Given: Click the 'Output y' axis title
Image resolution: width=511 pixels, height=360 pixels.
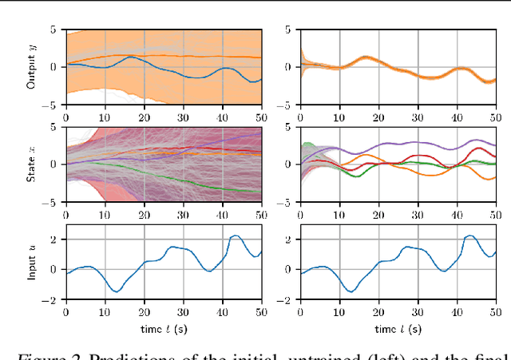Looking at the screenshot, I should coord(31,66).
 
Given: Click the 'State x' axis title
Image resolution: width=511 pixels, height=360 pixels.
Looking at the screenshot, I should coord(31,164).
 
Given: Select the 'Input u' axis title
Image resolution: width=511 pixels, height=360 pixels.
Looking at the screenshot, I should coord(31,262).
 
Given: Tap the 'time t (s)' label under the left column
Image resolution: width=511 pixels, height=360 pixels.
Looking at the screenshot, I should coord(163,329).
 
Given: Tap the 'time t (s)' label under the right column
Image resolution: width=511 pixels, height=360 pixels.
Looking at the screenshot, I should coord(397,329).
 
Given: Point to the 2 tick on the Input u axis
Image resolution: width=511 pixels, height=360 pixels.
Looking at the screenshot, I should coord(53,239).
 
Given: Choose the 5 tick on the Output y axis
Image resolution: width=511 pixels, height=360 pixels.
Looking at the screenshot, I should coord(53,29).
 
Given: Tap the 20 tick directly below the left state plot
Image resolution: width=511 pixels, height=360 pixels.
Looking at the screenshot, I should coord(144,214).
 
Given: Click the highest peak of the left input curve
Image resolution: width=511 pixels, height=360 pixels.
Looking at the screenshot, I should coord(235,236).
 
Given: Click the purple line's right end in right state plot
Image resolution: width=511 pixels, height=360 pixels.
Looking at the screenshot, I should coord(495,146).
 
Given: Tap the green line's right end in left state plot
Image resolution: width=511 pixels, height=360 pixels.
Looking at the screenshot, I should coord(261,192).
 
